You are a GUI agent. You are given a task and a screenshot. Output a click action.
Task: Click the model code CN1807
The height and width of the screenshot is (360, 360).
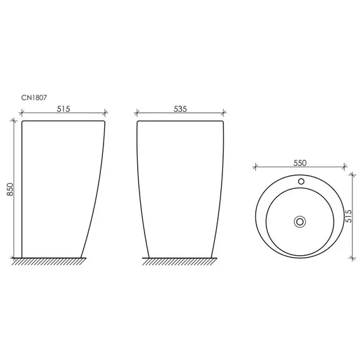(x=34, y=97)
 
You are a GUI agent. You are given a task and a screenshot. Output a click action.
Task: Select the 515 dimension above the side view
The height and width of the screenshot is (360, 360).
(x=63, y=109)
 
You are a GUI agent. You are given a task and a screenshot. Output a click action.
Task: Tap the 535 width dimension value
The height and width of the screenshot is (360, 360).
(x=180, y=109)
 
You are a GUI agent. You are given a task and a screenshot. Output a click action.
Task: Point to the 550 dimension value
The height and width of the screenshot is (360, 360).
(x=300, y=163)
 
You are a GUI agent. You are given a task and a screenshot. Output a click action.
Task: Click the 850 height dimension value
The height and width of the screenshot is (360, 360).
(x=10, y=189)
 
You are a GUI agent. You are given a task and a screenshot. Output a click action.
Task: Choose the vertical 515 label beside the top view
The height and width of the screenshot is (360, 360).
(x=348, y=216)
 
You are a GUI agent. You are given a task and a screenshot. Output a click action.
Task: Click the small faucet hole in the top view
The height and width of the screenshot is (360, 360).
(x=301, y=181)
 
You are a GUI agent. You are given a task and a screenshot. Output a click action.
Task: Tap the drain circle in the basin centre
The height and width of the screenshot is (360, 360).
(x=300, y=222)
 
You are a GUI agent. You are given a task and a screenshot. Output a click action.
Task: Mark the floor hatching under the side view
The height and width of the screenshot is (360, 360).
(x=49, y=261)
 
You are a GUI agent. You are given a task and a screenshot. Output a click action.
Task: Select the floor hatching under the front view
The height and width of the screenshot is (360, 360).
(x=179, y=261)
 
